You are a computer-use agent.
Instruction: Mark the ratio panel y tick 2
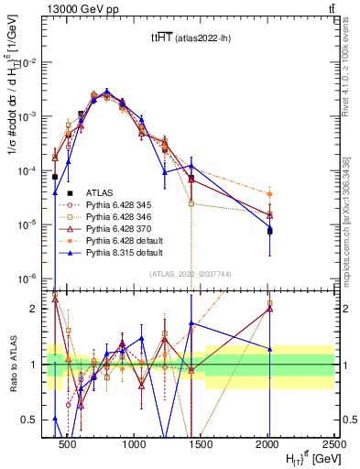38,309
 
